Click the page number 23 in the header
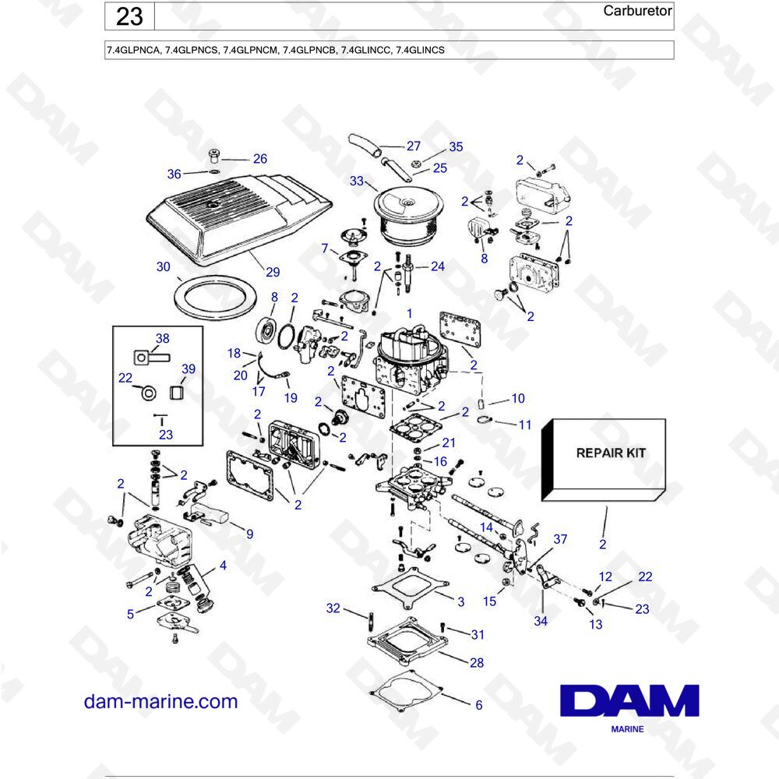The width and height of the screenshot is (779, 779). click(x=129, y=16)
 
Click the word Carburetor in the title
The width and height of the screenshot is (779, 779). click(x=638, y=11)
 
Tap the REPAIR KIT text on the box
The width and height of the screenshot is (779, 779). click(x=610, y=453)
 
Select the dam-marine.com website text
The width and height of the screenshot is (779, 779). click(x=161, y=701)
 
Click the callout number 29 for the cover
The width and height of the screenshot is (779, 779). click(x=272, y=272)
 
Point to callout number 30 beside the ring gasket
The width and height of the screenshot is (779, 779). click(x=163, y=266)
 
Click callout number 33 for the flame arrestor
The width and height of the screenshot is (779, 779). click(x=357, y=182)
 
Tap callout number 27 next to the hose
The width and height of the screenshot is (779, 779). click(x=413, y=146)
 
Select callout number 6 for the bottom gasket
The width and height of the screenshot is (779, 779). click(x=478, y=705)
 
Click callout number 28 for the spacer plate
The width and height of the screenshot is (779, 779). click(x=477, y=663)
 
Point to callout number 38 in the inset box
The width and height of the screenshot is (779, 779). click(x=162, y=339)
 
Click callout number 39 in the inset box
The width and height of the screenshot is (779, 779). click(x=189, y=368)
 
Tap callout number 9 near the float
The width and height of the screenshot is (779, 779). click(x=249, y=534)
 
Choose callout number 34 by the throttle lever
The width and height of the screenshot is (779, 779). click(x=541, y=621)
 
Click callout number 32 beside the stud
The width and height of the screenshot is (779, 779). click(x=333, y=608)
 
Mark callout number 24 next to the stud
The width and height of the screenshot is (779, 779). click(x=437, y=266)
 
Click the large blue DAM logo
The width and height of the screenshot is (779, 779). click(x=629, y=700)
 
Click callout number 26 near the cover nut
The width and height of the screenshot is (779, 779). click(x=259, y=158)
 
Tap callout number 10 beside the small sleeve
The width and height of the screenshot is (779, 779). click(x=518, y=399)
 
